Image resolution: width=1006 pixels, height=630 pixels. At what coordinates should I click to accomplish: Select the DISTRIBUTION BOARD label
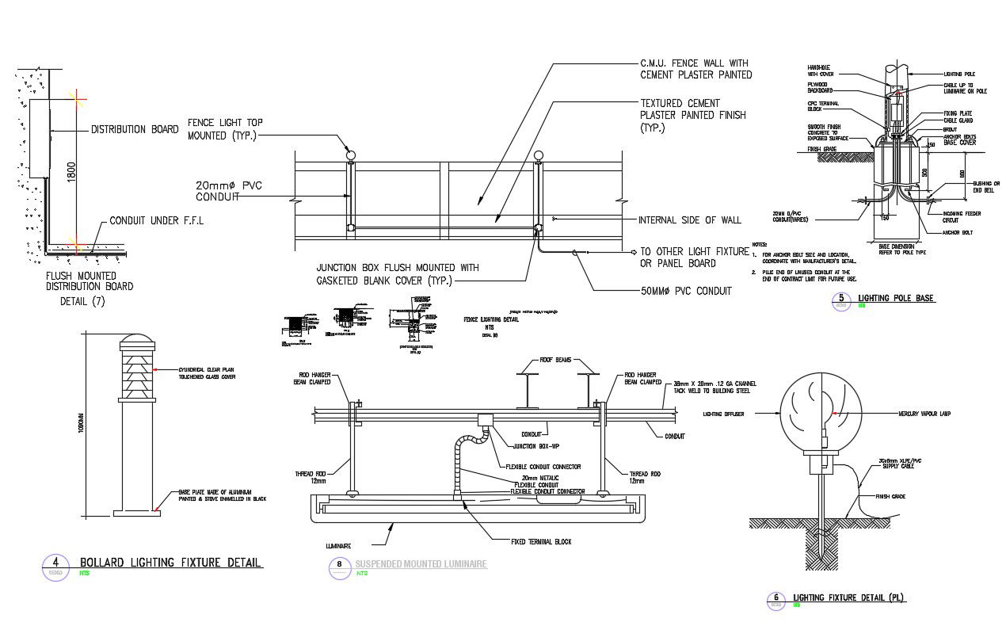134,129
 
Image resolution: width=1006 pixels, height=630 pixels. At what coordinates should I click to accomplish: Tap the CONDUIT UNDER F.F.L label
156,221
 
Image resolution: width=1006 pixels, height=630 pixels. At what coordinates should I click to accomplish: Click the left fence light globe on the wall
350,155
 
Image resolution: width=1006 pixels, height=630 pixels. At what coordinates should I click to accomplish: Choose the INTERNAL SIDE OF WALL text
690,220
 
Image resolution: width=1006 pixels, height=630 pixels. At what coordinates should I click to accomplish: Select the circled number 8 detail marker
340,565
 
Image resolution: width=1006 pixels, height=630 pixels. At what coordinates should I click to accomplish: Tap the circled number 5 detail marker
840,300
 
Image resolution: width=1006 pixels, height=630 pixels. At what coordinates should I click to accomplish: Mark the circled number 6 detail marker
776,599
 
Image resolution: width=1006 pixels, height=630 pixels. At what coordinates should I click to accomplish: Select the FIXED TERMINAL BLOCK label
541,542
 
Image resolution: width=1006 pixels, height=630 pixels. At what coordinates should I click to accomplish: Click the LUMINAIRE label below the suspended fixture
337,546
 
